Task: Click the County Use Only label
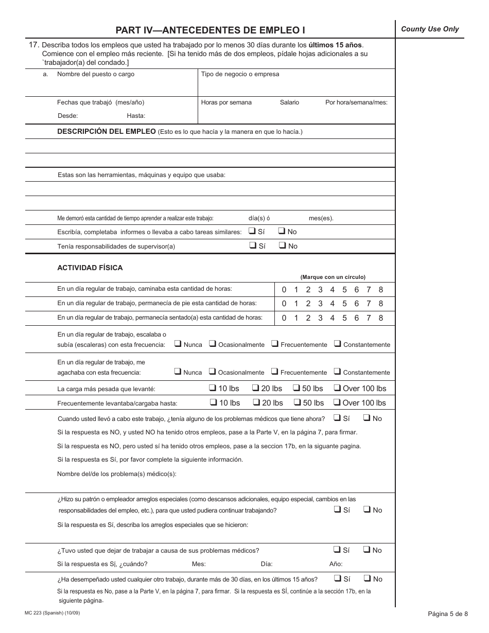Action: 430,29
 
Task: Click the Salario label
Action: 289,102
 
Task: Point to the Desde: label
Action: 67,116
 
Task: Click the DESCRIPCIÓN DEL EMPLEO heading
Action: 107,131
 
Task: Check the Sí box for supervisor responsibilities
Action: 253,245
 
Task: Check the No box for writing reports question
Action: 283,231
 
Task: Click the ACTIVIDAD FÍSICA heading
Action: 90,268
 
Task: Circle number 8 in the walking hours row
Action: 381,290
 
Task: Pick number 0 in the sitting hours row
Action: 284,318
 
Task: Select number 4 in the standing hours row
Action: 332,304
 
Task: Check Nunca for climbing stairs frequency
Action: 178,344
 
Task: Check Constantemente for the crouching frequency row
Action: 337,372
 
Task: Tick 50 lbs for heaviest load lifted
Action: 298,388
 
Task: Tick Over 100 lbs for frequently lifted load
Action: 338,402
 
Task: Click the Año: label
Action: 336,564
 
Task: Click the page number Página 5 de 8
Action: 448,613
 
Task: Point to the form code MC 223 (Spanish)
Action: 52,613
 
